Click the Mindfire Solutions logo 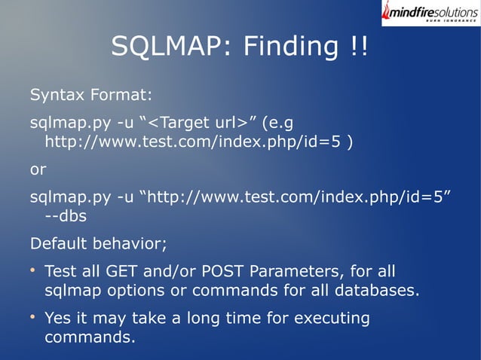[x=430, y=14]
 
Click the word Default [x=58, y=244]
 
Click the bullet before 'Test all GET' [x=33, y=270]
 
